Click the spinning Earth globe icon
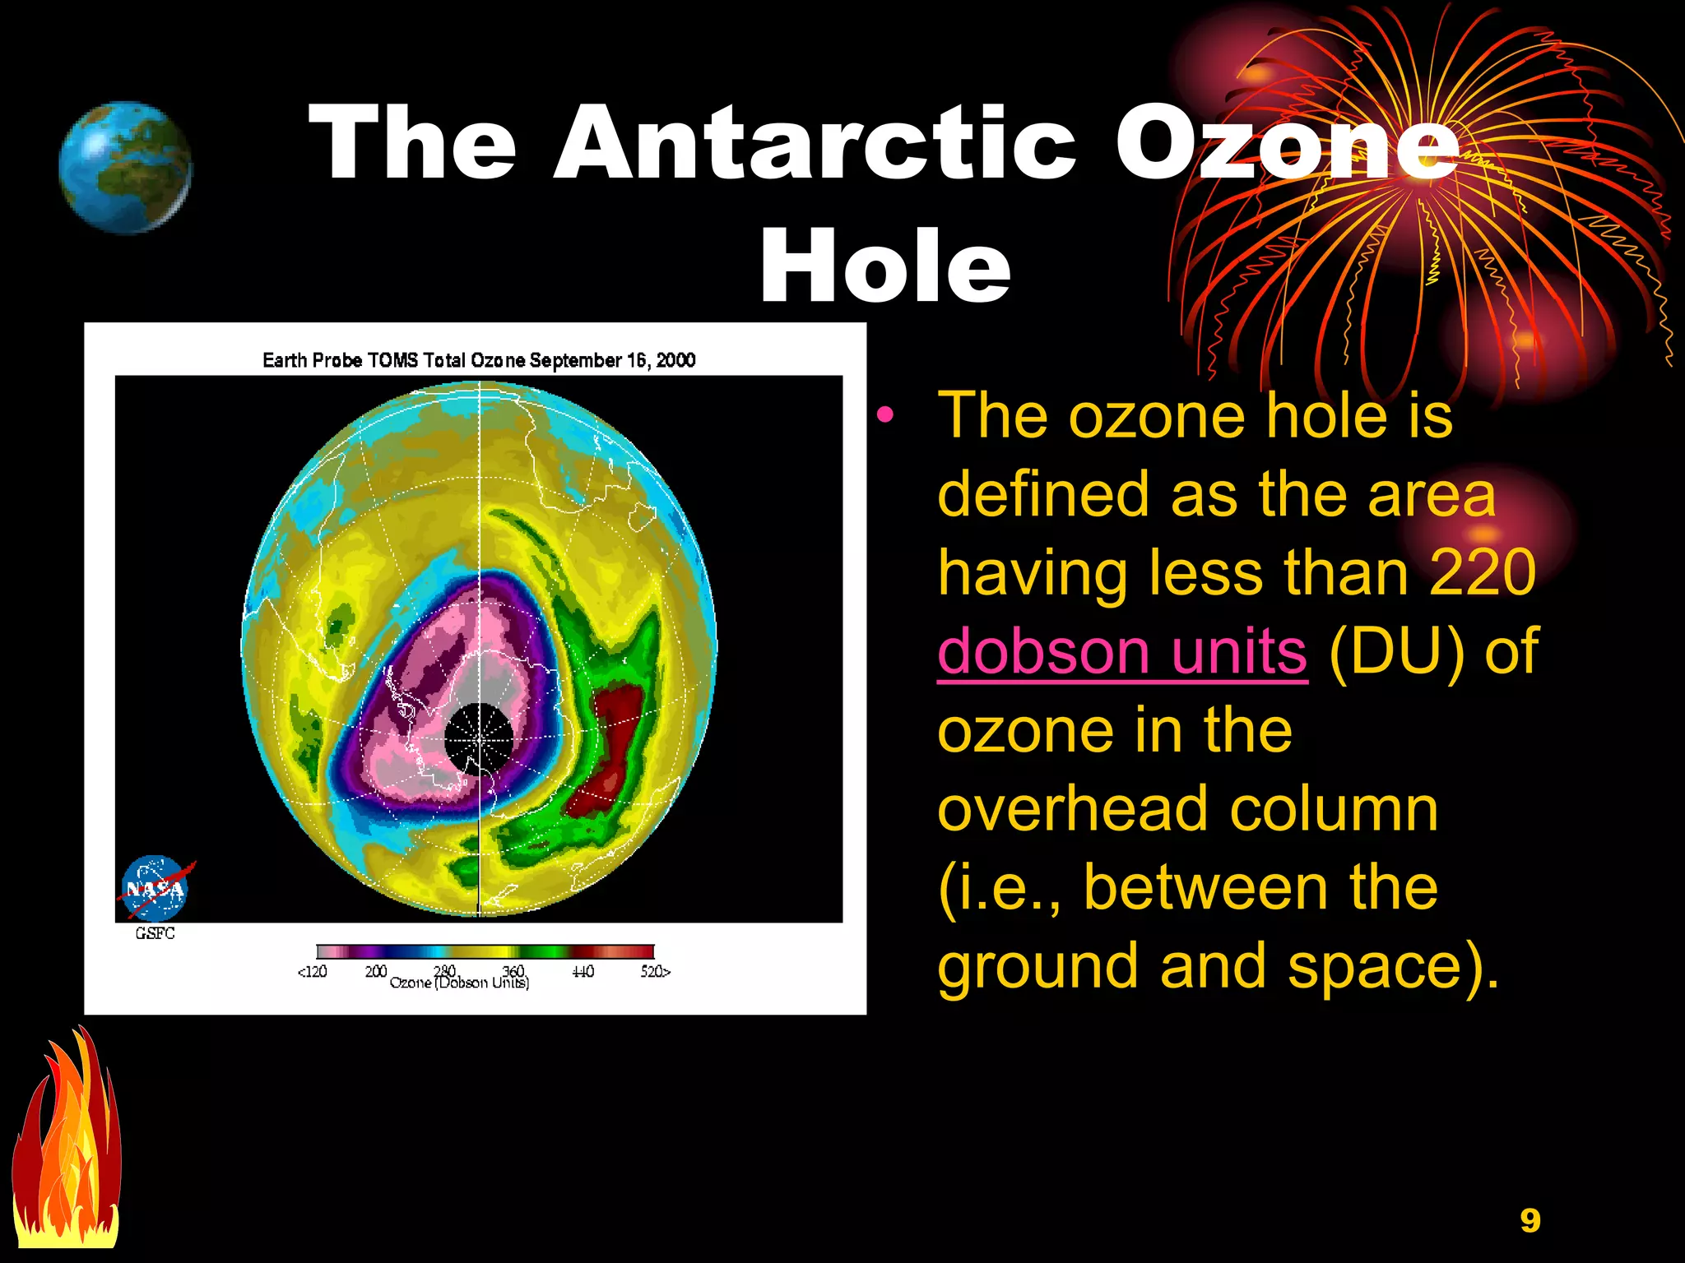[126, 167]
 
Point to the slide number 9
[1529, 1220]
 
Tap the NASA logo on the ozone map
[156, 889]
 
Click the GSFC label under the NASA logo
[155, 933]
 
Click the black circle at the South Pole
[479, 738]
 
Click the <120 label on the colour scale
[312, 972]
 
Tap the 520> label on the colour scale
[656, 972]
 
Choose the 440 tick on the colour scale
[583, 972]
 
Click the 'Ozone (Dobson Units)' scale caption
[459, 983]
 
